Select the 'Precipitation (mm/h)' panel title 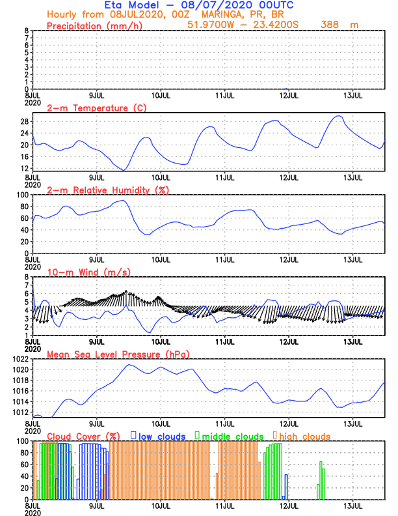click(x=95, y=25)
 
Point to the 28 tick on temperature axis click(x=23, y=121)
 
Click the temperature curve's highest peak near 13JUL click(x=338, y=116)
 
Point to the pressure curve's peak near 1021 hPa click(x=129, y=364)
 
